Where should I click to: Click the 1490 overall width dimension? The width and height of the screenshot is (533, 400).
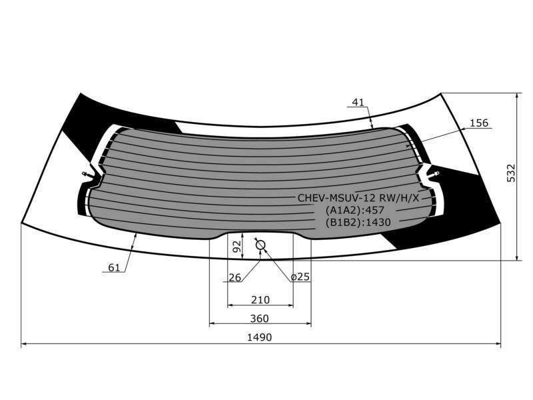pos(259,337)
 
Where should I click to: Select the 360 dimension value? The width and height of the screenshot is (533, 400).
pos(259,319)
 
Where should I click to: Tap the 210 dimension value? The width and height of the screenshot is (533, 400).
pos(261,299)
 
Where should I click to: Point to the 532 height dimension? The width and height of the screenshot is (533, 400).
pos(511,173)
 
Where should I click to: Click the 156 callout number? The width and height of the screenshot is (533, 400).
pos(478,123)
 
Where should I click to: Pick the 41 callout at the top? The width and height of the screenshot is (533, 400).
pos(358,102)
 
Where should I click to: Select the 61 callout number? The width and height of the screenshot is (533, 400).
pos(114,268)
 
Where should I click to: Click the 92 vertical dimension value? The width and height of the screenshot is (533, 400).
pos(237,246)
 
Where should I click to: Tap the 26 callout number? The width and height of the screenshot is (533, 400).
pos(235,277)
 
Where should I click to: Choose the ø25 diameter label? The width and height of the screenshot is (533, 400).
pos(300,277)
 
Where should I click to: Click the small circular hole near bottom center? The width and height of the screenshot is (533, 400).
pos(261,245)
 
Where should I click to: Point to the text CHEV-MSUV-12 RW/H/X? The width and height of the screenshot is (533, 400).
pos(358,198)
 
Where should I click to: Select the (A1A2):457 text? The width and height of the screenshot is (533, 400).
pos(354,210)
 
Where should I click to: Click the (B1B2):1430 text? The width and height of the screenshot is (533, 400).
pos(358,223)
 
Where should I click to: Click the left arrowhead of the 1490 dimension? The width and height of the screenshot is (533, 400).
pos(24,344)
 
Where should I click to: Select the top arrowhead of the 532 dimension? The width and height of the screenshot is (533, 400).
pos(517,96)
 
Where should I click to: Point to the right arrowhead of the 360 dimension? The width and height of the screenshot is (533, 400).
pos(308,324)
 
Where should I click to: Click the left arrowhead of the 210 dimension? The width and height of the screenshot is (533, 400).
pos(230,305)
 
